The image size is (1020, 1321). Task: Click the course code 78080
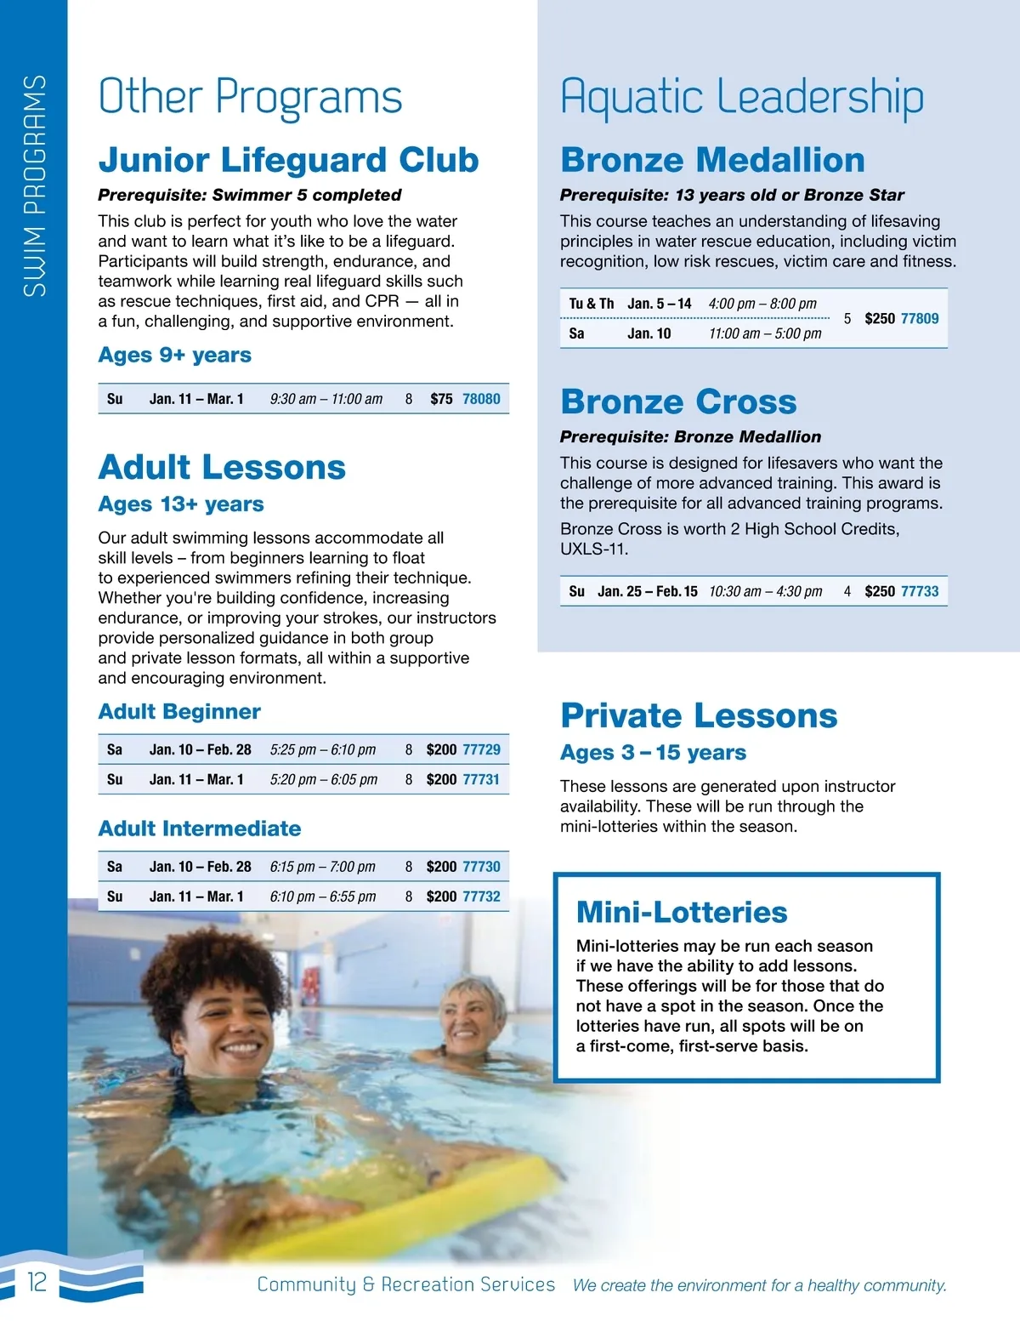coord(481,399)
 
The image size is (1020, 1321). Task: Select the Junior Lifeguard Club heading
coord(288,160)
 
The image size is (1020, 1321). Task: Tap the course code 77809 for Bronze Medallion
coord(920,319)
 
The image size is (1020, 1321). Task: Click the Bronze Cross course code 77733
coord(920,591)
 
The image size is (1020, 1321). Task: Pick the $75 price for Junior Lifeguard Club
coord(441,399)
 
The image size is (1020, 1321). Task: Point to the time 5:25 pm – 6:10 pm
coord(323,749)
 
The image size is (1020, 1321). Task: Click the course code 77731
coord(481,779)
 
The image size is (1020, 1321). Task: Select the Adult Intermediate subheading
coord(200,828)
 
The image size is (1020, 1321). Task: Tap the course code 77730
coord(481,867)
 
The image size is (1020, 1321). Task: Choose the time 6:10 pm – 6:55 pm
coord(323,897)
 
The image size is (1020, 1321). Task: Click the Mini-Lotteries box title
coord(682,912)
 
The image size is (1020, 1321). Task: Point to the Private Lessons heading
coord(699,715)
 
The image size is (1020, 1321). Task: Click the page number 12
coord(37,1282)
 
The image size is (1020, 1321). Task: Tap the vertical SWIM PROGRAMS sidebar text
coord(34,185)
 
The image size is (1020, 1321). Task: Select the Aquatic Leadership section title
coord(742,96)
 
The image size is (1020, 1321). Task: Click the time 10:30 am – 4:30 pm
coord(766,591)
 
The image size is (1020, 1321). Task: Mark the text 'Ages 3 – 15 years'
coord(653,753)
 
